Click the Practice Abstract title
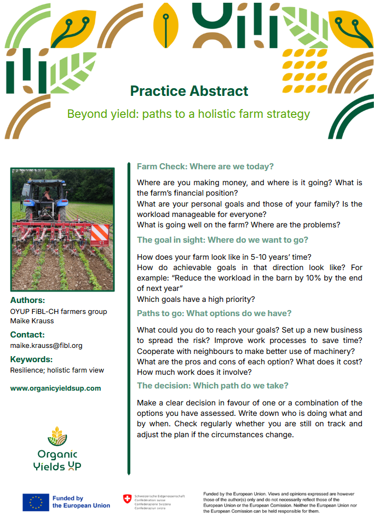[x=189, y=91]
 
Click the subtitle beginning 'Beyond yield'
[x=188, y=114]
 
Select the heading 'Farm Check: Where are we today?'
[x=205, y=167]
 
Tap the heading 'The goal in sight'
[x=222, y=240]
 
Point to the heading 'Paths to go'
[x=214, y=313]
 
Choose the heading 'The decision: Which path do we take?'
[x=212, y=386]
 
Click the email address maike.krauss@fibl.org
[x=46, y=346]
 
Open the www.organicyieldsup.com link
[x=56, y=388]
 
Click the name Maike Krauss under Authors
[x=32, y=321]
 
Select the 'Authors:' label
[x=27, y=300]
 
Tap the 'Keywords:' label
[x=31, y=359]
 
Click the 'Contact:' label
[x=27, y=335]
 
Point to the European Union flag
[x=36, y=502]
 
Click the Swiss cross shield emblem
[x=127, y=499]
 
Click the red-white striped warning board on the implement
[x=99, y=234]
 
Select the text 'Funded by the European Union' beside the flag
[x=81, y=502]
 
